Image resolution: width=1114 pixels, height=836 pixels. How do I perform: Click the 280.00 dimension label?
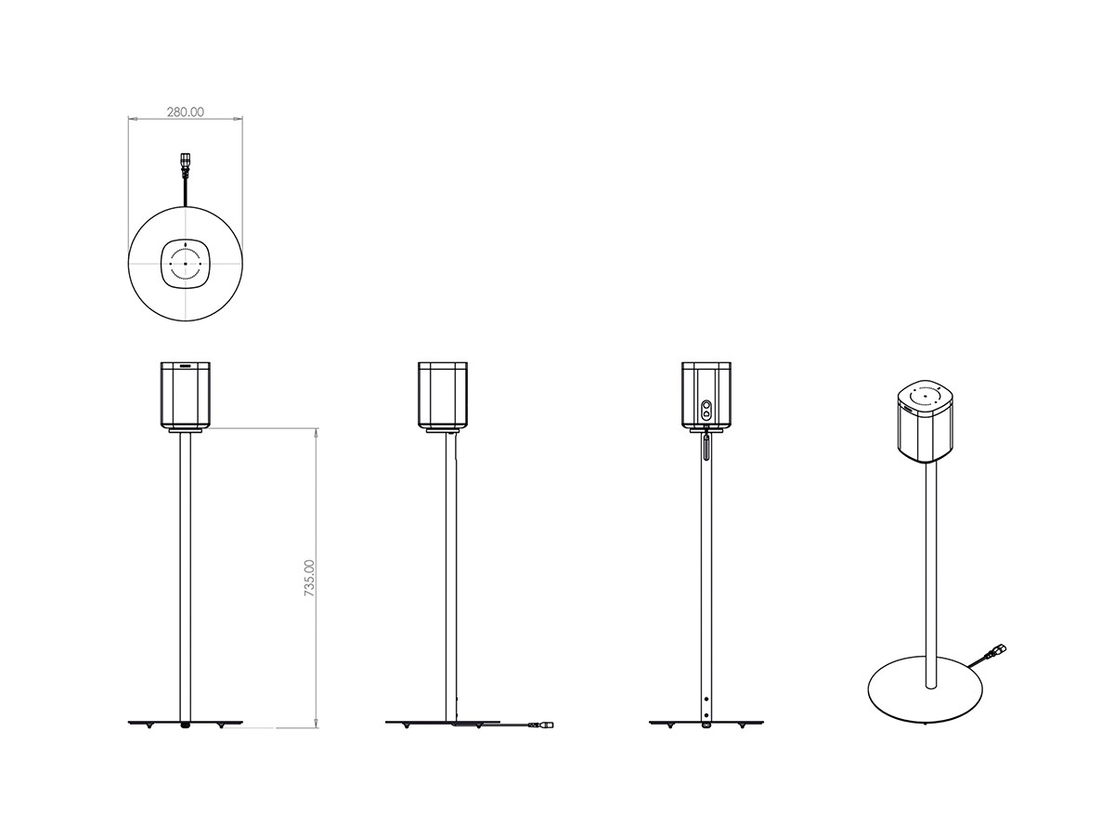pos(186,112)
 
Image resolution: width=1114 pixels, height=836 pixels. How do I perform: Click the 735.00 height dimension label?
pos(309,578)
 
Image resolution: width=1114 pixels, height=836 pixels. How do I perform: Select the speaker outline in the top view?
pos(186,264)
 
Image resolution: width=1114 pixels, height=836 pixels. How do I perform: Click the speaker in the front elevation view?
pos(186,395)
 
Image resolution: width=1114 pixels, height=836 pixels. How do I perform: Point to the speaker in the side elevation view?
pos(443,395)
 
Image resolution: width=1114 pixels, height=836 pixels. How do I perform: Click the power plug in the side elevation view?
pos(541,725)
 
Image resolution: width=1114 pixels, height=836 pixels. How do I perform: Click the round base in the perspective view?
pos(926,689)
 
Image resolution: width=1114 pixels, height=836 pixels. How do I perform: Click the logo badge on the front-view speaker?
pos(186,365)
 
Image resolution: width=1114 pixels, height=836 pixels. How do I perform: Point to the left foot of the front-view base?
pos(149,726)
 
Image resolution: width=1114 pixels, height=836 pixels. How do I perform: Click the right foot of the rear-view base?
pos(742,726)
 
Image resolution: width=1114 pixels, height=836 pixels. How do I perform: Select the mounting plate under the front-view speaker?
pos(186,431)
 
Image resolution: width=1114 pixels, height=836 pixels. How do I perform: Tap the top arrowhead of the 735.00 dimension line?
pos(317,433)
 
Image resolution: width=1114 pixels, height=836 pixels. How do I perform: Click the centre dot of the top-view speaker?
pos(186,265)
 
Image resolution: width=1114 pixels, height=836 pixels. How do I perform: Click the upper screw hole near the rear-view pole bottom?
pos(706,699)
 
